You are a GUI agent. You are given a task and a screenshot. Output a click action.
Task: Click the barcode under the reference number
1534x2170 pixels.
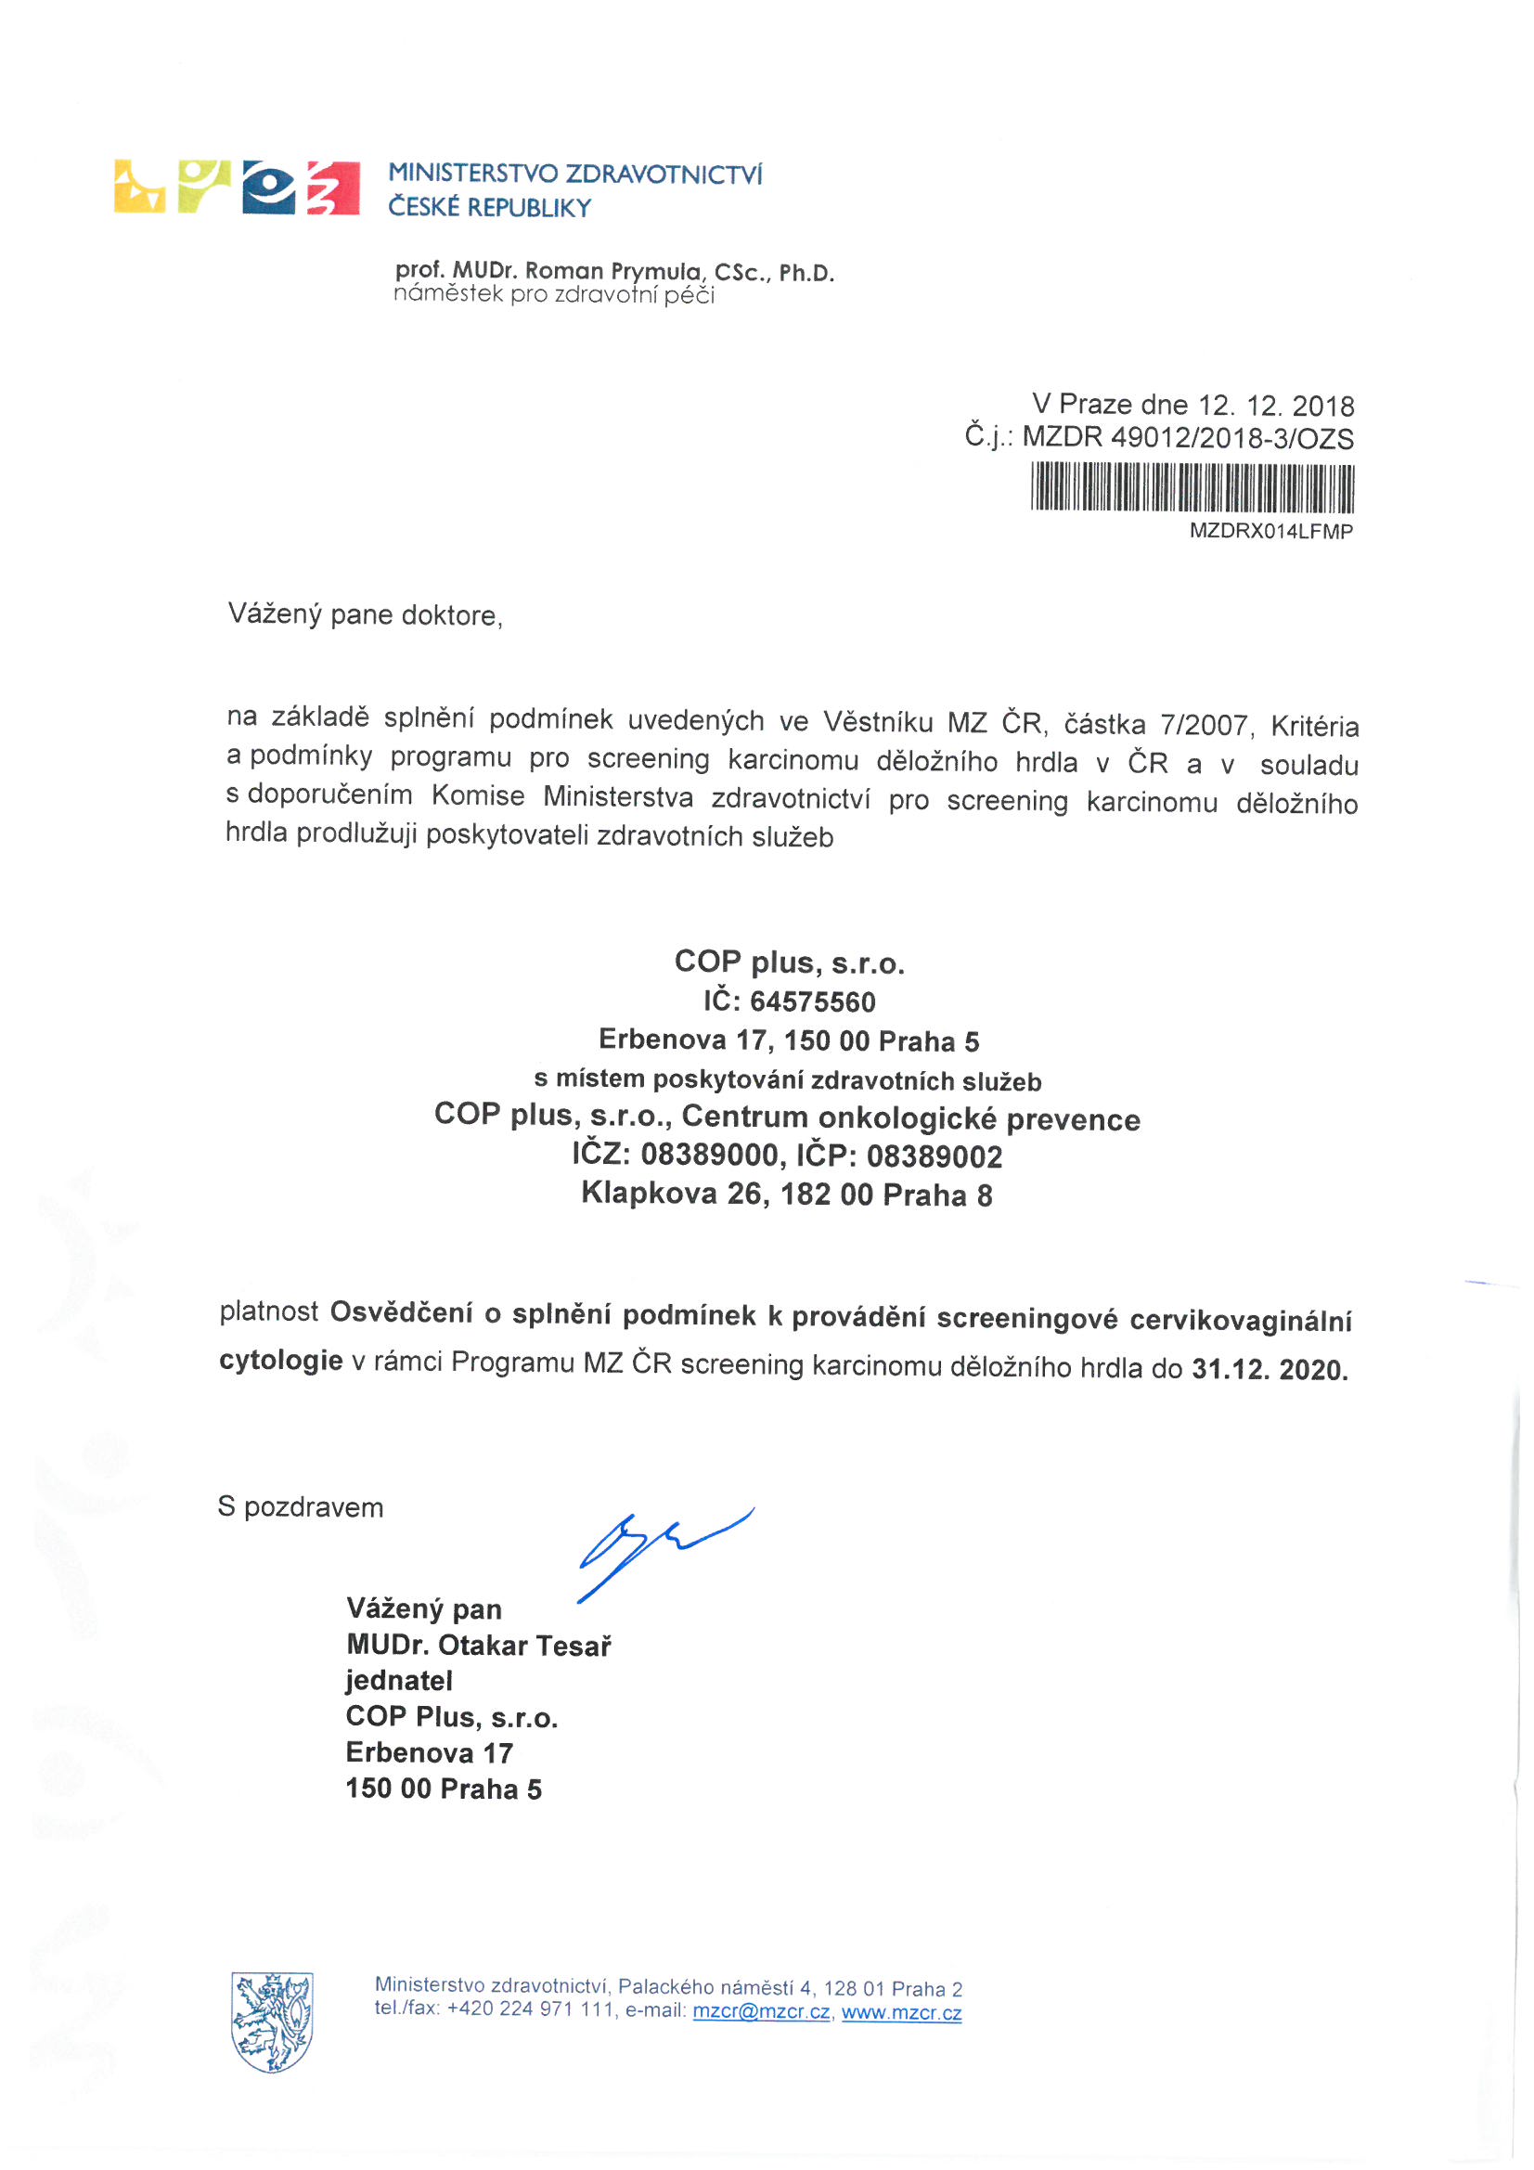coord(1192,487)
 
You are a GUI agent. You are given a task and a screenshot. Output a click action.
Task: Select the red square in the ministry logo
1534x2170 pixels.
coord(333,187)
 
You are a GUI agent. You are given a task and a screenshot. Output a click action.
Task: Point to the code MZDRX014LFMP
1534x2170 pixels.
coord(1270,531)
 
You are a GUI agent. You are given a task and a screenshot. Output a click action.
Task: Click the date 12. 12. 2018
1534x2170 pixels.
coord(1276,406)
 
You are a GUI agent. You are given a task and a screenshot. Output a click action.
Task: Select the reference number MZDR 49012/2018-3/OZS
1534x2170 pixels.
coord(1188,438)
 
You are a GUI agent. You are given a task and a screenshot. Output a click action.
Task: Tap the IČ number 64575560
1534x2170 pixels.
coord(813,1001)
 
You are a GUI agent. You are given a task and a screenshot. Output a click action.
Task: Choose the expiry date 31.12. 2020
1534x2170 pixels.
coord(1270,1370)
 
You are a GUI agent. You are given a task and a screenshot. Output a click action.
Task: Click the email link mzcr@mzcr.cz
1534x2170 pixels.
coord(762,2012)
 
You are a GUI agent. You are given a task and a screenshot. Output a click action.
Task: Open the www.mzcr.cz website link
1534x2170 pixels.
coord(902,2013)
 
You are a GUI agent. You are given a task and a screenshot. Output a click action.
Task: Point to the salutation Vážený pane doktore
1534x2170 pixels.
coord(365,615)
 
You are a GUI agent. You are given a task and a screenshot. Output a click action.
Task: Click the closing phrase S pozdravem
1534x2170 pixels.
coord(301,1506)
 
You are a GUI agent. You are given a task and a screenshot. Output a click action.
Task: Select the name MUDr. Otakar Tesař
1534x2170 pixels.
coord(478,1646)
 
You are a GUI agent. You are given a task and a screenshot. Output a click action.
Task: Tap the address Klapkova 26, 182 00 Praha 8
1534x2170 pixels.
coord(786,1195)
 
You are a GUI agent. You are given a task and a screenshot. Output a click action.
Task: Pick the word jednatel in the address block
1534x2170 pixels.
coord(399,1681)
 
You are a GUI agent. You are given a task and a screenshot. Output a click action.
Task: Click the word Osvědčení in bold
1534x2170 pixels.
coord(401,1312)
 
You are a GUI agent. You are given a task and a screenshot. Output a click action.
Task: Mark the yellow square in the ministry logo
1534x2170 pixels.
coord(139,187)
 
